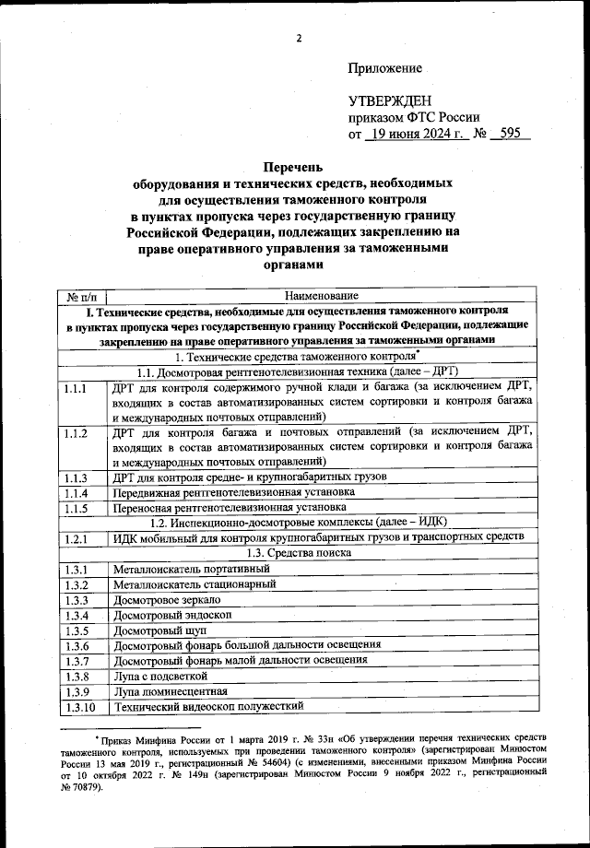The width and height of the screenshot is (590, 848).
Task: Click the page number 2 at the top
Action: click(300, 38)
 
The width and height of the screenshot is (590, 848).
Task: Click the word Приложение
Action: click(385, 68)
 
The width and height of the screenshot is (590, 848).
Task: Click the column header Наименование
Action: click(320, 296)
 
